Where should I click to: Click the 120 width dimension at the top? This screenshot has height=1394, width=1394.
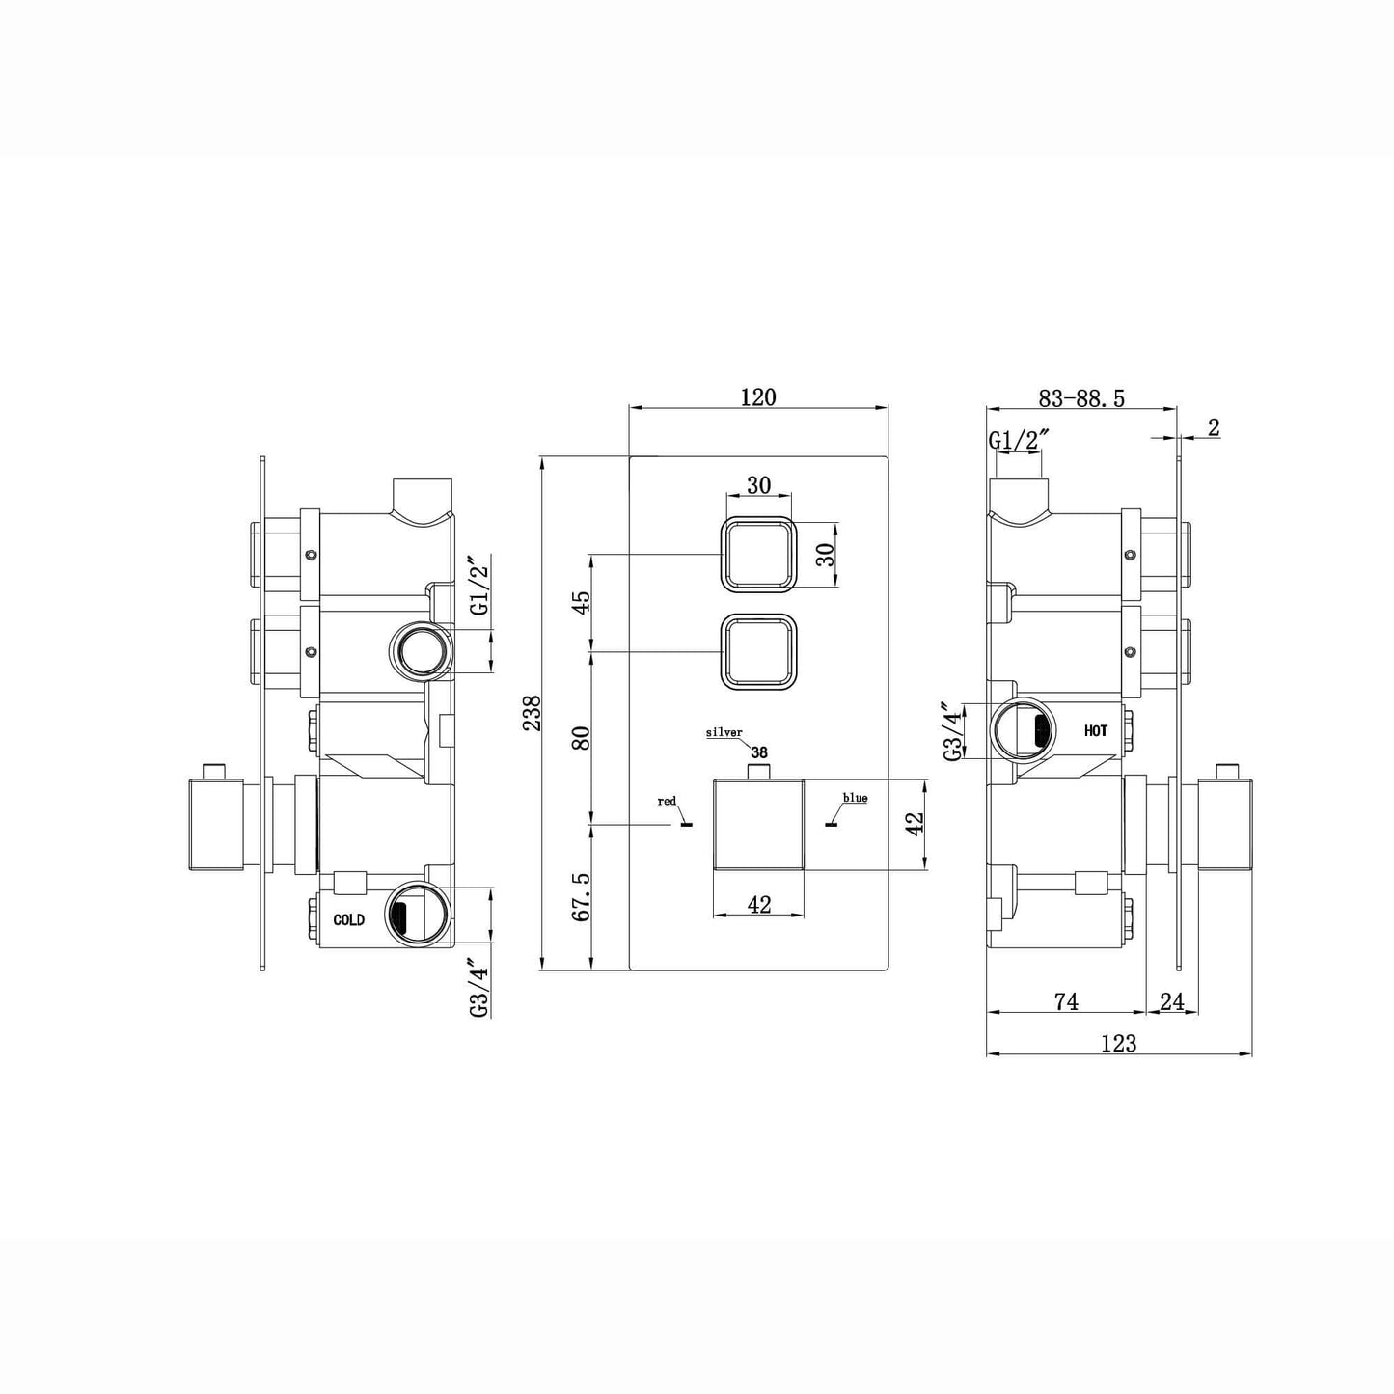[758, 396]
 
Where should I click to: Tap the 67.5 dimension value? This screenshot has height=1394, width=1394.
[580, 898]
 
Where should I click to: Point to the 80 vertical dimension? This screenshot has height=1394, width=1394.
[580, 738]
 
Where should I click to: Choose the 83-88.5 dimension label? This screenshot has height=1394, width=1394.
[1081, 398]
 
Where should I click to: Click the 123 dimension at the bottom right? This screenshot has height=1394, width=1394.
[1118, 1043]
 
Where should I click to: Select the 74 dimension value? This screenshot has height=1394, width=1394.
[1065, 1002]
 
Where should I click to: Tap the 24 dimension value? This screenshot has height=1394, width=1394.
[1172, 1002]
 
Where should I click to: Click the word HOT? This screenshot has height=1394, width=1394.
[1095, 731]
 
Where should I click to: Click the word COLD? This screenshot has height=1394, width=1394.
[348, 920]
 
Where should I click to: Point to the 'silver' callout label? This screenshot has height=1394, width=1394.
[724, 733]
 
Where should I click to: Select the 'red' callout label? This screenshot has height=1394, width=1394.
[667, 801]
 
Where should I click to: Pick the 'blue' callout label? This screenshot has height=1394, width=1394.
[855, 798]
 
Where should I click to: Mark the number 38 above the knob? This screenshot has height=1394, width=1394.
[759, 752]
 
